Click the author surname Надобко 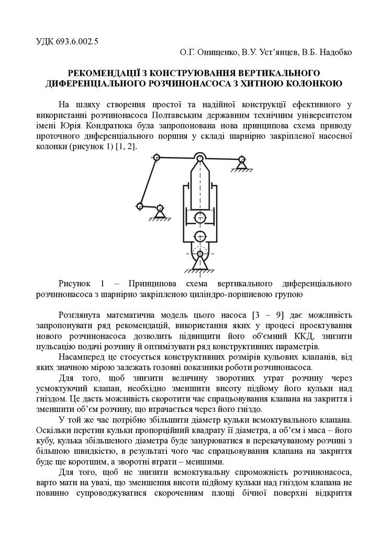coord(335,52)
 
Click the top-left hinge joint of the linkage coord(156,158)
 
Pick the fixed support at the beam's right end coord(241,162)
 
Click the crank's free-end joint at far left coord(139,206)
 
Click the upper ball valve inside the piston coord(199,217)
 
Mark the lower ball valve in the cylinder coord(199,236)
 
